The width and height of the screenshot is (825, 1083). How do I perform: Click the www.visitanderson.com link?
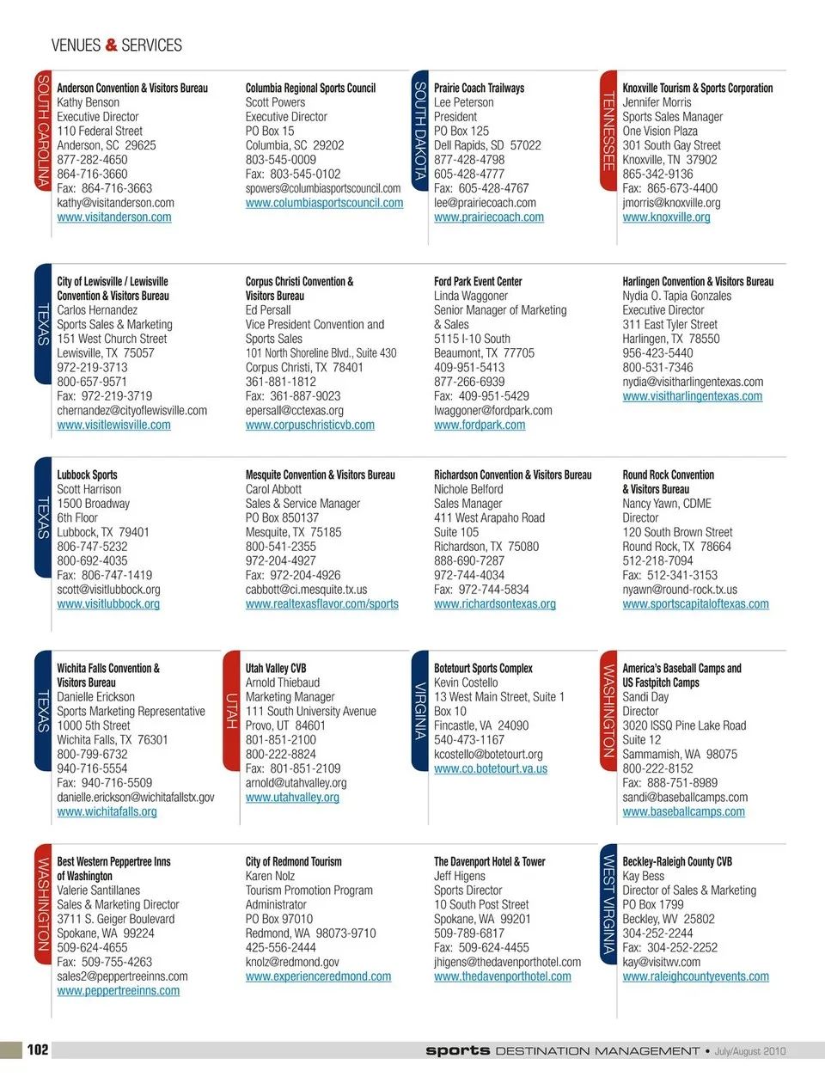pyautogui.click(x=114, y=217)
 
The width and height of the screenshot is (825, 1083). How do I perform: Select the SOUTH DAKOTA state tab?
pyautogui.click(x=420, y=131)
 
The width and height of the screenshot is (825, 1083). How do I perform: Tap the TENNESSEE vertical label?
pyautogui.click(x=608, y=131)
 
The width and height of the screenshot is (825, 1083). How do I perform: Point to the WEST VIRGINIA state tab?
pyautogui.click(x=608, y=904)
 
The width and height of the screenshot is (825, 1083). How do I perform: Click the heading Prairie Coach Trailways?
pyautogui.click(x=479, y=88)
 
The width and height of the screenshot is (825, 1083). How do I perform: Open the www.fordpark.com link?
pyautogui.click(x=480, y=425)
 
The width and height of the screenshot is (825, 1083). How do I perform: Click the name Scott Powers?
pyautogui.click(x=275, y=102)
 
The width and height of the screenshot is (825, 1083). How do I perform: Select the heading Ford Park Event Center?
pyautogui.click(x=478, y=281)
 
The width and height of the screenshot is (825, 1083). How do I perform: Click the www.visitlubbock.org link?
pyautogui.click(x=108, y=604)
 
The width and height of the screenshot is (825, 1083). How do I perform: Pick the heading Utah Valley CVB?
pyautogui.click(x=276, y=668)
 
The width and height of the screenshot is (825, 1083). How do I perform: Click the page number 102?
pyautogui.click(x=38, y=1049)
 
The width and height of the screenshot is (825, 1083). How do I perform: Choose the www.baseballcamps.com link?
pyautogui.click(x=683, y=811)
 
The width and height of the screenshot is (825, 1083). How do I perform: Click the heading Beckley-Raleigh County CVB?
pyautogui.click(x=677, y=861)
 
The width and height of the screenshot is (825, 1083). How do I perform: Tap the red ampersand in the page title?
pyautogui.click(x=111, y=45)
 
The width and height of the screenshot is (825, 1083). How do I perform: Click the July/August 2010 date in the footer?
pyautogui.click(x=750, y=1051)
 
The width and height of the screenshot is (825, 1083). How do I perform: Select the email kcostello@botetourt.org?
pyautogui.click(x=488, y=754)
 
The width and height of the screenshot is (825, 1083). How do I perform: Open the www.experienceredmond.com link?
pyautogui.click(x=318, y=976)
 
